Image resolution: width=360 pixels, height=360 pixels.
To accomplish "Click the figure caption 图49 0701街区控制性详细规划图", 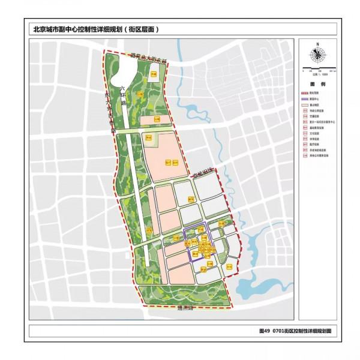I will pyautogui.click(x=295, y=331).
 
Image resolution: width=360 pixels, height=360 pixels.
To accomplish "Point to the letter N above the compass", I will pyautogui.click(x=316, y=44).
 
